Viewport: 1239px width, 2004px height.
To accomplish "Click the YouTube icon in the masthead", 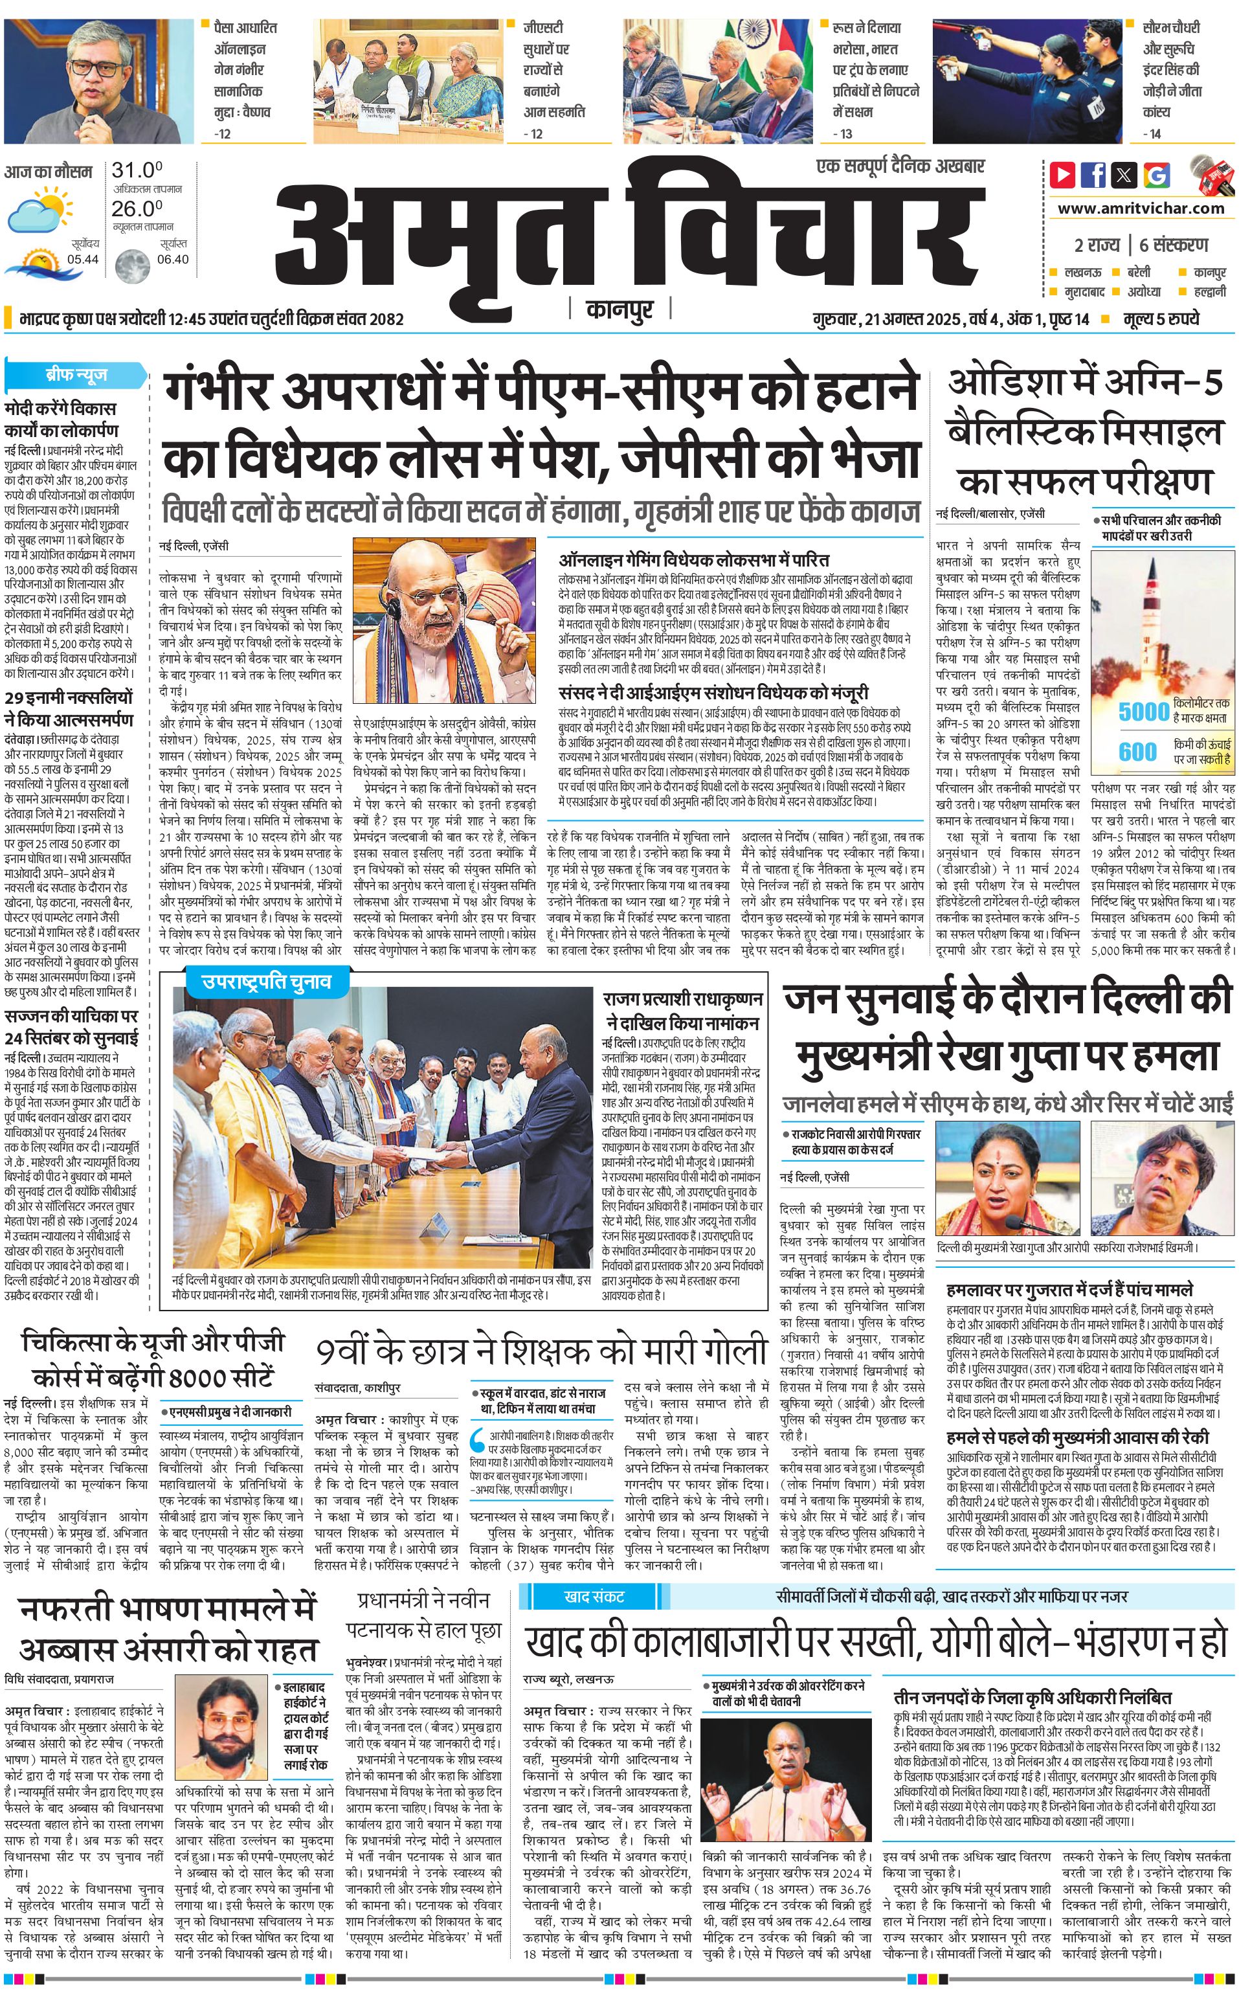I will (1063, 175).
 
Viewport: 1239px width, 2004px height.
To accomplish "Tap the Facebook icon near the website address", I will (1093, 175).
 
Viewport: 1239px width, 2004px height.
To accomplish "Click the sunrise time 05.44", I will (84, 259).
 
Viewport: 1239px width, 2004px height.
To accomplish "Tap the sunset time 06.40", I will (173, 259).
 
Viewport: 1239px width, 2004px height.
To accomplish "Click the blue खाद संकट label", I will (594, 1597).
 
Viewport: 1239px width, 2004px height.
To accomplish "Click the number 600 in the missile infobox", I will (1138, 752).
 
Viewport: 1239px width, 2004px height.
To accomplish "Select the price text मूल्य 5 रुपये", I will (1161, 319).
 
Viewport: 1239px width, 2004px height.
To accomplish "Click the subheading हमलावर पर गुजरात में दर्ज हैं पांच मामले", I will (1069, 1289).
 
